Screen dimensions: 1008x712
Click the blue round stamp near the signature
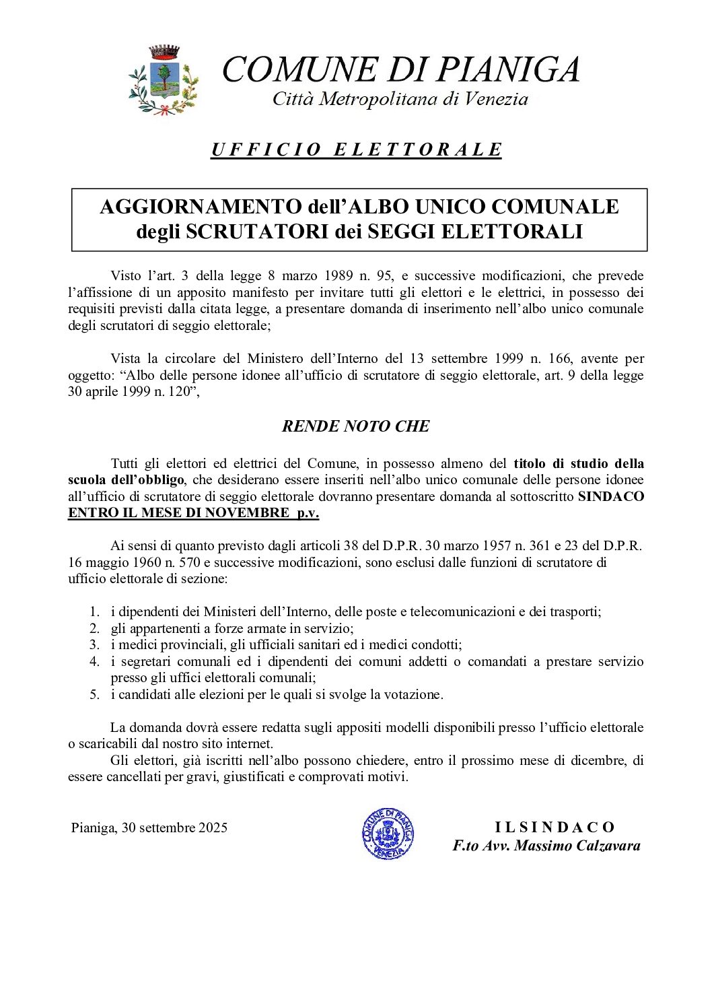point(388,833)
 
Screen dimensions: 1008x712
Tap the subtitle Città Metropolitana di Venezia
point(400,100)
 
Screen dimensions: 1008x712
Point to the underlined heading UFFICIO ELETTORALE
point(357,149)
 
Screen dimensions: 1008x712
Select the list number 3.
point(94,644)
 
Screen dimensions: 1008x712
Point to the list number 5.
point(94,694)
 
